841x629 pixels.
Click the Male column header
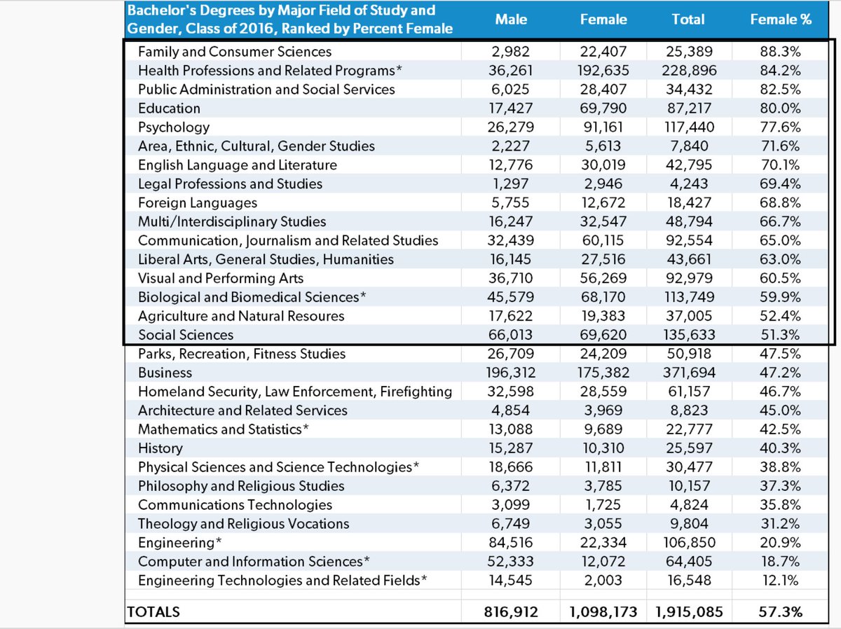pyautogui.click(x=511, y=20)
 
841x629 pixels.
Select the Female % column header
pyautogui.click(x=781, y=20)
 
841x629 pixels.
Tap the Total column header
pyautogui.click(x=688, y=20)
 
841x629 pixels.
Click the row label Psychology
pyautogui.click(x=174, y=127)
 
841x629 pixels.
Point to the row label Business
pyautogui.click(x=165, y=373)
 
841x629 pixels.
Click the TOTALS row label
pyautogui.click(x=153, y=612)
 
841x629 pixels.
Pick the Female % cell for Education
pyautogui.click(x=781, y=109)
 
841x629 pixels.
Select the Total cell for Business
pyautogui.click(x=688, y=373)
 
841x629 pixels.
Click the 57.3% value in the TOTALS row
pyautogui.click(x=781, y=612)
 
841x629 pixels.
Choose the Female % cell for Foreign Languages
pyautogui.click(x=781, y=203)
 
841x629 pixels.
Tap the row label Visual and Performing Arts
pyautogui.click(x=221, y=279)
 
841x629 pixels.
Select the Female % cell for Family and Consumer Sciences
pyautogui.click(x=781, y=52)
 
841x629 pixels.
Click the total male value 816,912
pyautogui.click(x=511, y=612)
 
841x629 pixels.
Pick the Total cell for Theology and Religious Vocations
pyautogui.click(x=688, y=524)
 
